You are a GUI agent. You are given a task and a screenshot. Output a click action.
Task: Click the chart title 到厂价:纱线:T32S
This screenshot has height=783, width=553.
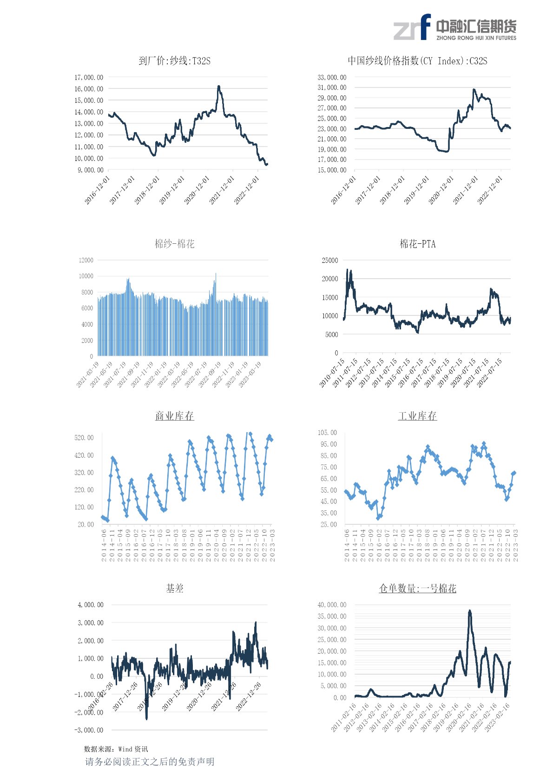(x=174, y=61)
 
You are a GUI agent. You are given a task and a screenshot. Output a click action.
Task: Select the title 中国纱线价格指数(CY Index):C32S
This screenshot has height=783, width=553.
(x=417, y=61)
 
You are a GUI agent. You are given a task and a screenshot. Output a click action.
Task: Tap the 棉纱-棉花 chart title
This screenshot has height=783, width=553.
(x=174, y=244)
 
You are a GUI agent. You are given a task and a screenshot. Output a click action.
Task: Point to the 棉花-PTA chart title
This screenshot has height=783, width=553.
(x=417, y=244)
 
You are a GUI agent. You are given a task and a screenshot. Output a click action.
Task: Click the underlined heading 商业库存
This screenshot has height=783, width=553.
(x=174, y=416)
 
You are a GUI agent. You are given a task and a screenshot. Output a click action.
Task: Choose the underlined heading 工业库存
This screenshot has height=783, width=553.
(x=417, y=416)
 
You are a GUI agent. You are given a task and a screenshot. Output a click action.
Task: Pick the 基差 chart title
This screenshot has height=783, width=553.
(x=174, y=589)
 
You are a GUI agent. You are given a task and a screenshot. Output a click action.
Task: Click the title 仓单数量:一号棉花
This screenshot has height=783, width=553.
(x=417, y=589)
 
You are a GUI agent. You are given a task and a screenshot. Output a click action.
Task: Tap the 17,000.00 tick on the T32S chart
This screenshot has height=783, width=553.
(x=89, y=77)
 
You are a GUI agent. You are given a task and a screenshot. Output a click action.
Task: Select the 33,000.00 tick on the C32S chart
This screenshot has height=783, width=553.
(x=332, y=77)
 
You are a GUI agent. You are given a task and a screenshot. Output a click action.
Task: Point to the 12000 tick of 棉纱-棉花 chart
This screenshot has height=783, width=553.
(x=86, y=260)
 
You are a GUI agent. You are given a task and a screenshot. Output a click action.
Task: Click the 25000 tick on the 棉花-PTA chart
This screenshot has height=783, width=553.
(x=330, y=260)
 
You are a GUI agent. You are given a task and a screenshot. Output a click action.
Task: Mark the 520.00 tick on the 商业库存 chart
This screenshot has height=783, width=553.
(x=84, y=438)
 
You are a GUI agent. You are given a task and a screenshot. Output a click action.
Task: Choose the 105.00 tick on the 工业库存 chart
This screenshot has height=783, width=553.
(x=327, y=433)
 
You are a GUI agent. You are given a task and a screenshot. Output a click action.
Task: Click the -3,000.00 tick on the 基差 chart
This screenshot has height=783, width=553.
(x=89, y=730)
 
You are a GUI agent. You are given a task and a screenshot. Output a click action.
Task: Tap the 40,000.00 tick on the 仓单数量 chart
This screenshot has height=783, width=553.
(x=332, y=605)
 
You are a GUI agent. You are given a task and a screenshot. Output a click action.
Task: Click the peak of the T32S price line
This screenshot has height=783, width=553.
(x=218, y=87)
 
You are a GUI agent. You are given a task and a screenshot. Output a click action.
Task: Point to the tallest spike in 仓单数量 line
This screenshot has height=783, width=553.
(x=470, y=611)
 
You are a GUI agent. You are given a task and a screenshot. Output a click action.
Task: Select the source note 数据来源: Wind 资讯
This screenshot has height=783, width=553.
(x=116, y=749)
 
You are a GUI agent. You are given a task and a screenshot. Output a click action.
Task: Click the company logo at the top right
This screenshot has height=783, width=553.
(x=455, y=27)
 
